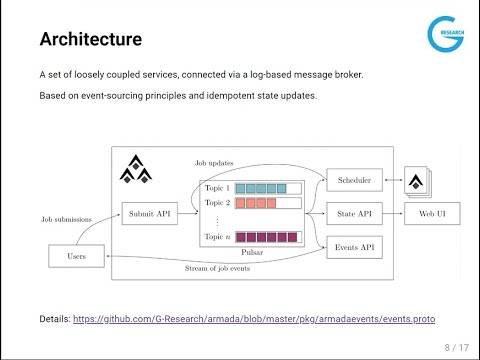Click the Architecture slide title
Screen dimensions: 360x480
(90, 40)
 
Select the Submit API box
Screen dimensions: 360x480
(147, 212)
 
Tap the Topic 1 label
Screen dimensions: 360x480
(217, 187)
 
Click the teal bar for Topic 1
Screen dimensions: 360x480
(260, 187)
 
